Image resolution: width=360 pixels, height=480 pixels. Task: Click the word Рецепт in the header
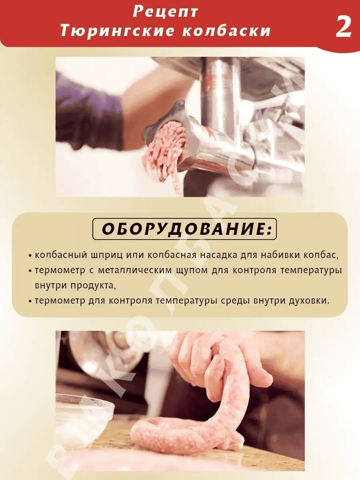coord(165,12)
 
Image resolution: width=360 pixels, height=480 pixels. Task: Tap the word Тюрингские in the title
coord(117,31)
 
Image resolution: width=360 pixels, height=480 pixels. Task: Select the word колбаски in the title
coord(227,31)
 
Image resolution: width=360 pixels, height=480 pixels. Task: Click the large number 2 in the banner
coord(343,27)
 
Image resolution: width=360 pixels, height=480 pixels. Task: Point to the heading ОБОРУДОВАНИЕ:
coord(185,229)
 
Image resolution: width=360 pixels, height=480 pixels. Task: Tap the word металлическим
coord(135,270)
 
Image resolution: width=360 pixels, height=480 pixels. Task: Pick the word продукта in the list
coord(93,286)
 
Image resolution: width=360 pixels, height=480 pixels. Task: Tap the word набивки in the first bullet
coord(280,255)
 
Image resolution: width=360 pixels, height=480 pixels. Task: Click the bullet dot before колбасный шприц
coord(30,256)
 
